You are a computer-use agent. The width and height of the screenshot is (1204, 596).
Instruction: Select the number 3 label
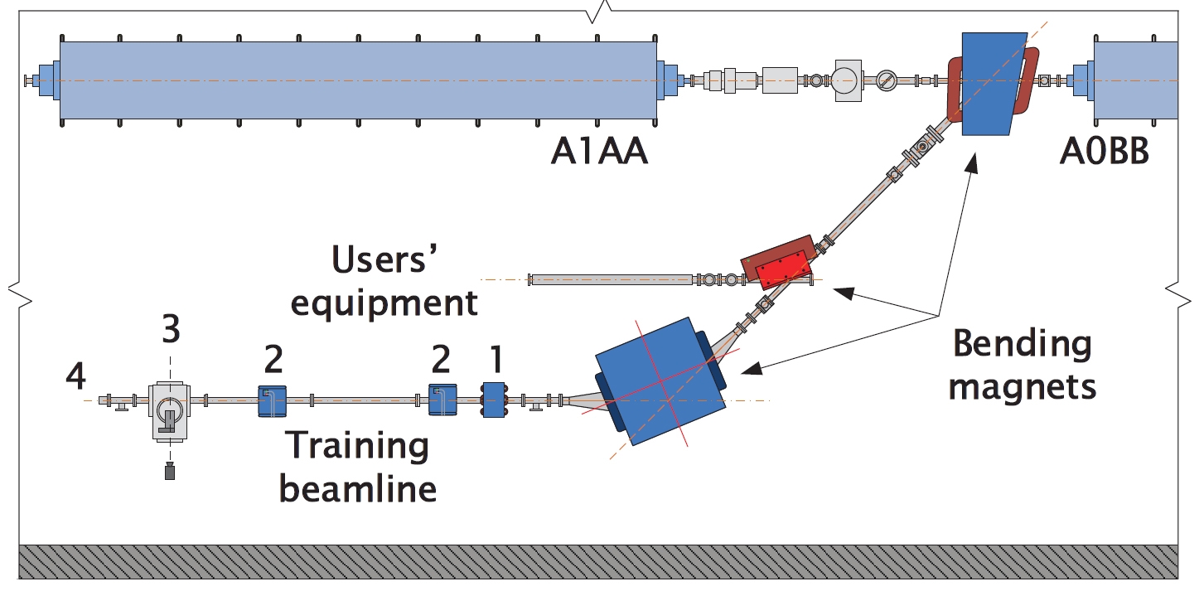[x=172, y=329]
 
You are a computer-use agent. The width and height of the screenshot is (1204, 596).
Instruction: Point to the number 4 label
[x=76, y=378]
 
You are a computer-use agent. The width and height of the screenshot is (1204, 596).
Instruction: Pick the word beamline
[x=357, y=488]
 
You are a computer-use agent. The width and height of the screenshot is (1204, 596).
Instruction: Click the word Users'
[x=384, y=262]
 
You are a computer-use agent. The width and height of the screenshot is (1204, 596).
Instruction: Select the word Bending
[x=1022, y=343]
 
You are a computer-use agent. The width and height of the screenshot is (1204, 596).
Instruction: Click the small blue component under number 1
[x=494, y=400]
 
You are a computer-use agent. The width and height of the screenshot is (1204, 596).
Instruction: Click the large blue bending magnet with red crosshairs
[x=660, y=380]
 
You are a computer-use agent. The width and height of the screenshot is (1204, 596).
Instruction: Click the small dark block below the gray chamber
[x=170, y=473]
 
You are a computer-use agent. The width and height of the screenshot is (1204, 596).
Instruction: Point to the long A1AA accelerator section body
[x=356, y=81]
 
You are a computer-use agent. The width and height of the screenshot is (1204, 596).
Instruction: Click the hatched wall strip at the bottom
[x=597, y=560]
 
